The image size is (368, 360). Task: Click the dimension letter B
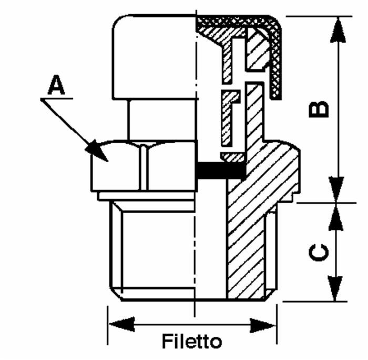point(319,109)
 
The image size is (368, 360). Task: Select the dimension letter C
point(319,253)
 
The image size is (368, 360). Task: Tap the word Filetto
point(192,341)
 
